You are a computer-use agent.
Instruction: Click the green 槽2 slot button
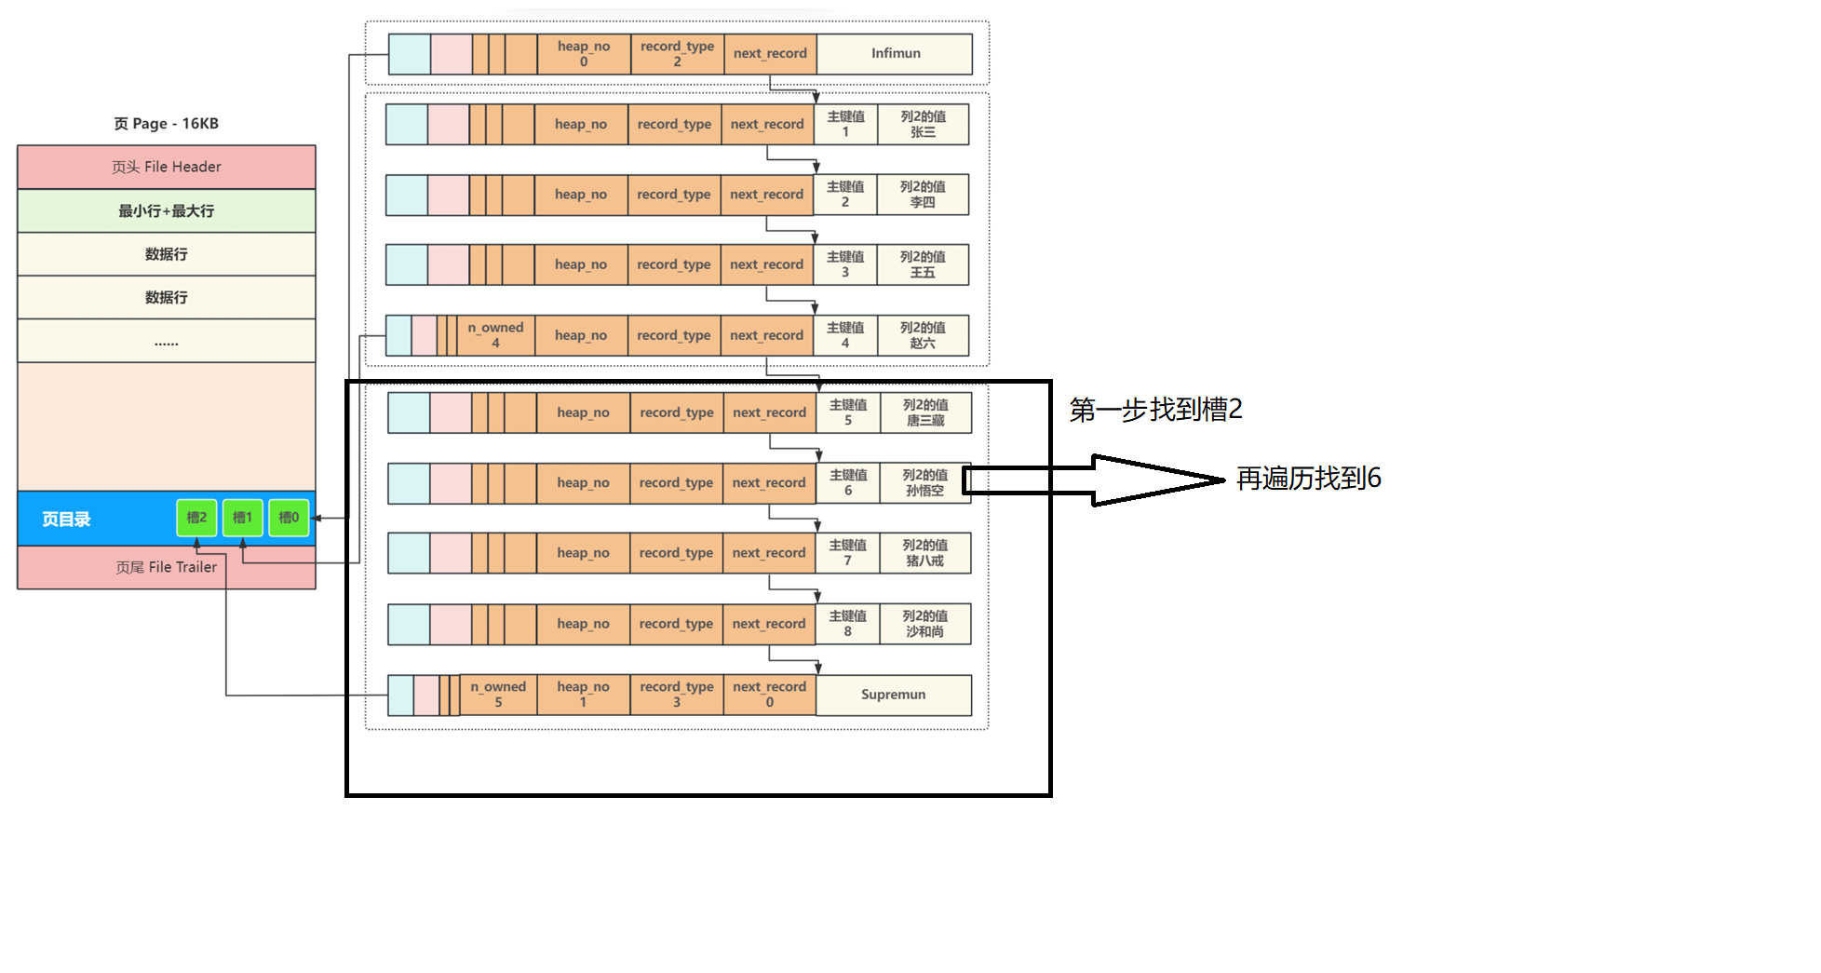196,518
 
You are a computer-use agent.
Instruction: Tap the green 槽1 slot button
242,518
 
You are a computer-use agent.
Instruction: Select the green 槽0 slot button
289,518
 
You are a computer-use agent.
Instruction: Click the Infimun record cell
895,54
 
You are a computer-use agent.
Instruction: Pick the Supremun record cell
893,695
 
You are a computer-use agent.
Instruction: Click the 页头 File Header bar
166,167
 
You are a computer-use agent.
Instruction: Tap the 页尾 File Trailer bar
166,567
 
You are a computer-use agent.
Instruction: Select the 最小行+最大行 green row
166,210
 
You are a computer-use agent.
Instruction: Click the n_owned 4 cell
495,335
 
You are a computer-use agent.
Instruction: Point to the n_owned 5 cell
498,695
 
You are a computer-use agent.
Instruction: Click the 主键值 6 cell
847,482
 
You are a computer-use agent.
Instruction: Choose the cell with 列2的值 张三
923,124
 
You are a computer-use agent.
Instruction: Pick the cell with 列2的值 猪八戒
924,553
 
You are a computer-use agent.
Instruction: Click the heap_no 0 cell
584,54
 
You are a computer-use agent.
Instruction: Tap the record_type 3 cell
676,695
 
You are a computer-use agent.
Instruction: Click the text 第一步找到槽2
1155,410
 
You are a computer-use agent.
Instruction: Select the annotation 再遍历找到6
1308,479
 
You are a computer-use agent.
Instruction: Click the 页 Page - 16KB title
166,124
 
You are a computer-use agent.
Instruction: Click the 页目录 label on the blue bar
66,520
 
